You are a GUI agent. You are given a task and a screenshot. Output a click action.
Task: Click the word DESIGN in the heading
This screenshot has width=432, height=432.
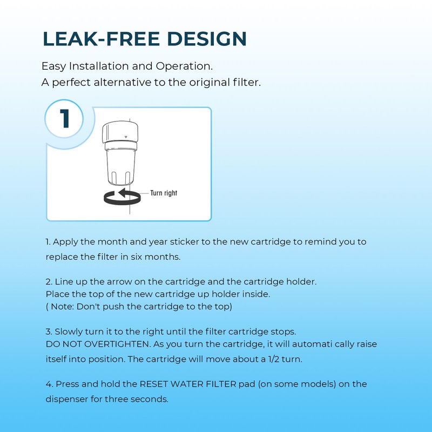[x=207, y=38]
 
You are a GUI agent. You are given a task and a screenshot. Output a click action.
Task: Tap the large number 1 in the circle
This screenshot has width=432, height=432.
[x=65, y=118]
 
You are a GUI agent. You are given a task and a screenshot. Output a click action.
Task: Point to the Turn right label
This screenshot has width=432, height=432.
[x=164, y=193]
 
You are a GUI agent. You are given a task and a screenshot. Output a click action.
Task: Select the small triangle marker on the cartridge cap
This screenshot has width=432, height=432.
[x=126, y=137]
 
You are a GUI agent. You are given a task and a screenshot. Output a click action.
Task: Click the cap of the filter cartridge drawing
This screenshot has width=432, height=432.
[x=120, y=132]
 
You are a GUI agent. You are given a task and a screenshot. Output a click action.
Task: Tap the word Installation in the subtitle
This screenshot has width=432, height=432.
[x=99, y=66]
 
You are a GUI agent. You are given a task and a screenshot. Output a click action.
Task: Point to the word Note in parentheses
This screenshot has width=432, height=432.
[x=62, y=307]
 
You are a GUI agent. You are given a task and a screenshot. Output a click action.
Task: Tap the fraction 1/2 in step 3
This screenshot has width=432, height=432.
[x=274, y=359]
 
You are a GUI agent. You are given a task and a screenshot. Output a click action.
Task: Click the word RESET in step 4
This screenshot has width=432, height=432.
[x=154, y=384]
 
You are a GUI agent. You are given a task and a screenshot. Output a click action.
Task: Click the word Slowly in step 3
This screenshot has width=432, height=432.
[x=69, y=332]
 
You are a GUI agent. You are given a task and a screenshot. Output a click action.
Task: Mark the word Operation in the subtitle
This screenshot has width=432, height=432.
[x=184, y=66]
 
